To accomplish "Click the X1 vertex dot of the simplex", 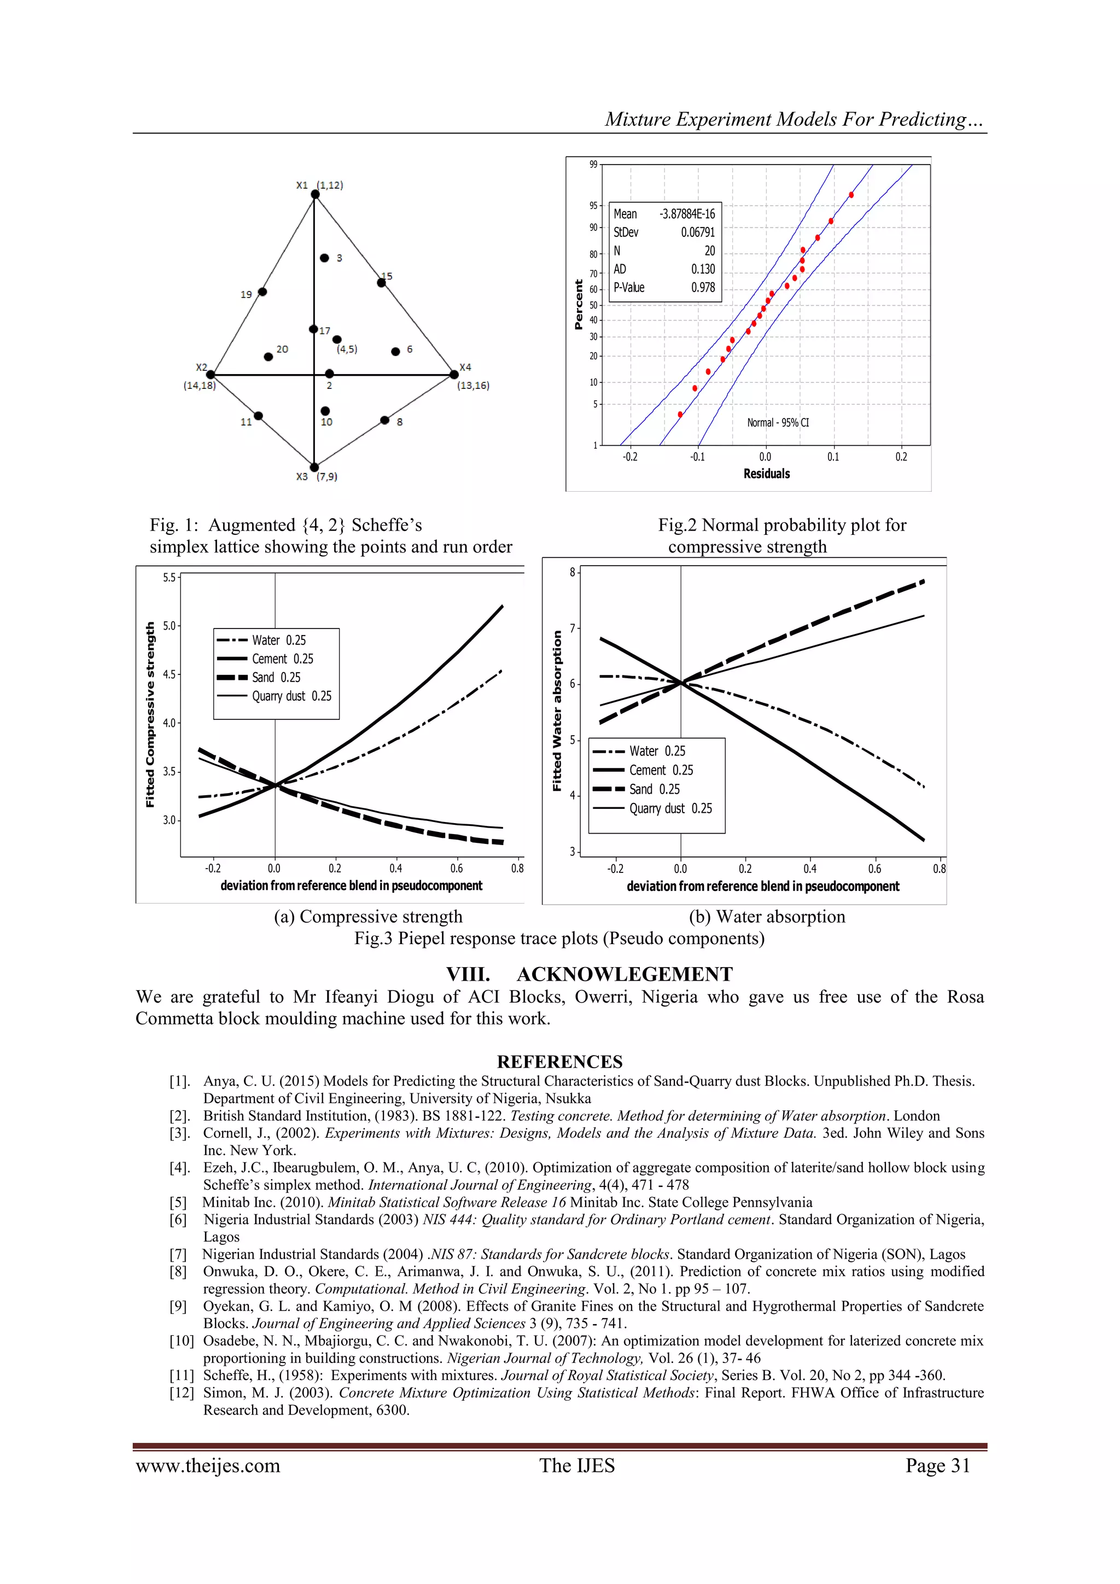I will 315,195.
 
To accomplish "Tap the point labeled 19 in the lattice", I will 262,292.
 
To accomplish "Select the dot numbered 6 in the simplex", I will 395,352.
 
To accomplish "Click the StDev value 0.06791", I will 698,232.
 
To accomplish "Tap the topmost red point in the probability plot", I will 851,195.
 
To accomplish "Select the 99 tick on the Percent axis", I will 593,164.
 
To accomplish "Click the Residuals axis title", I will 766,474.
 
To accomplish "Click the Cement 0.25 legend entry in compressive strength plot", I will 282,659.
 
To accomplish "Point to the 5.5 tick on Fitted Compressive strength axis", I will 170,578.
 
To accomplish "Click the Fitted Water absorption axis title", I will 557,711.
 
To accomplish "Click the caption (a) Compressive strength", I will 368,917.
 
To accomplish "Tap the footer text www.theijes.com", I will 208,1465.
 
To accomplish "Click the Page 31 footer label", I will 938,1465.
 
